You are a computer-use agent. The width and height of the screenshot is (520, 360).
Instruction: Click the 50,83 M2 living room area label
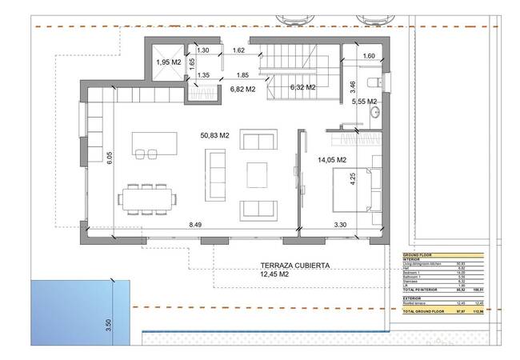click(x=214, y=137)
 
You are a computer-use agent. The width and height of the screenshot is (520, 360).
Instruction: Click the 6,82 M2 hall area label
click(x=241, y=90)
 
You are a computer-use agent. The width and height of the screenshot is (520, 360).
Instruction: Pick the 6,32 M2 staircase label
click(x=303, y=87)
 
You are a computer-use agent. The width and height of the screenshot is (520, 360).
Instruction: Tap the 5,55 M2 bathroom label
click(x=365, y=102)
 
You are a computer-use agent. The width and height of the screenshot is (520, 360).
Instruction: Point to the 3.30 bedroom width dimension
click(x=341, y=226)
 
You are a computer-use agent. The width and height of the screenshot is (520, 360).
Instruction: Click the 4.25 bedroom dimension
click(x=353, y=178)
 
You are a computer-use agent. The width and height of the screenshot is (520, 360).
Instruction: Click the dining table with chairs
click(x=146, y=197)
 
